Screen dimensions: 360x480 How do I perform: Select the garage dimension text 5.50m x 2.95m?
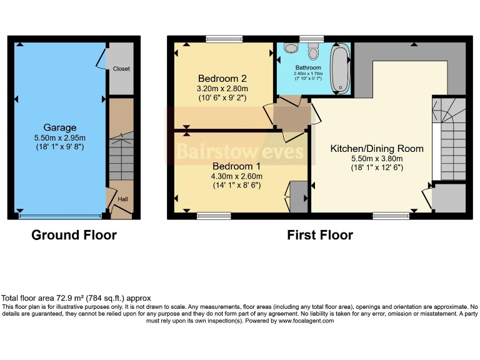(x=59, y=137)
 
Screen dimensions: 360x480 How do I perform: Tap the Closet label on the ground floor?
(x=121, y=69)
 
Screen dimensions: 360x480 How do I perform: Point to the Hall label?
(x=122, y=200)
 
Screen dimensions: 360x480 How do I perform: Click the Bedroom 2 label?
(x=222, y=79)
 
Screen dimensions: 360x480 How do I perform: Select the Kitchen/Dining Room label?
(x=377, y=149)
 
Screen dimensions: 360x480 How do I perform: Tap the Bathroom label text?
(x=309, y=67)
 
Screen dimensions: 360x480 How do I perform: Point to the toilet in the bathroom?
(x=313, y=52)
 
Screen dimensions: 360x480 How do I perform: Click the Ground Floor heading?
(x=74, y=236)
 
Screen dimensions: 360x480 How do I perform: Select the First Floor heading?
(x=319, y=236)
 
